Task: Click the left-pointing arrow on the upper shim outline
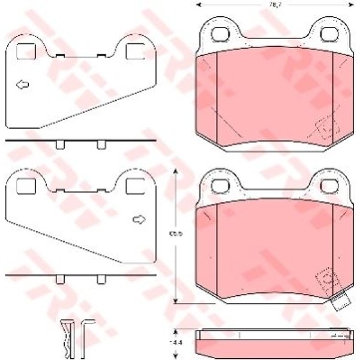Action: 22,84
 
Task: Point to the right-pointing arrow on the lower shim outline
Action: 139,220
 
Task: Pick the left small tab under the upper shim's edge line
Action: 59,145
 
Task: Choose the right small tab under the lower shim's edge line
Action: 101,280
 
